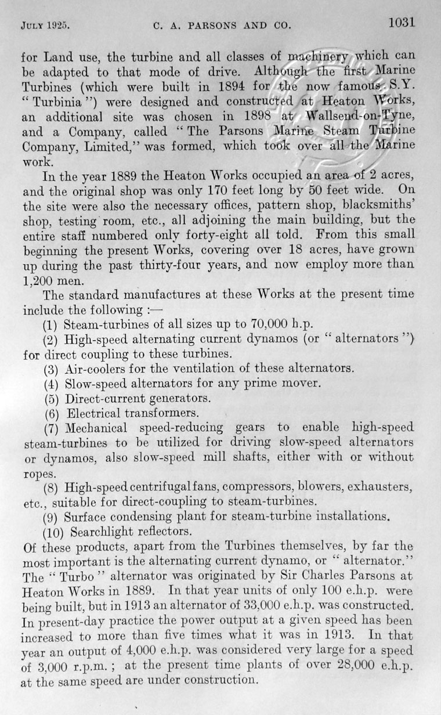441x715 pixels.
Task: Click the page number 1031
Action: pos(401,23)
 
